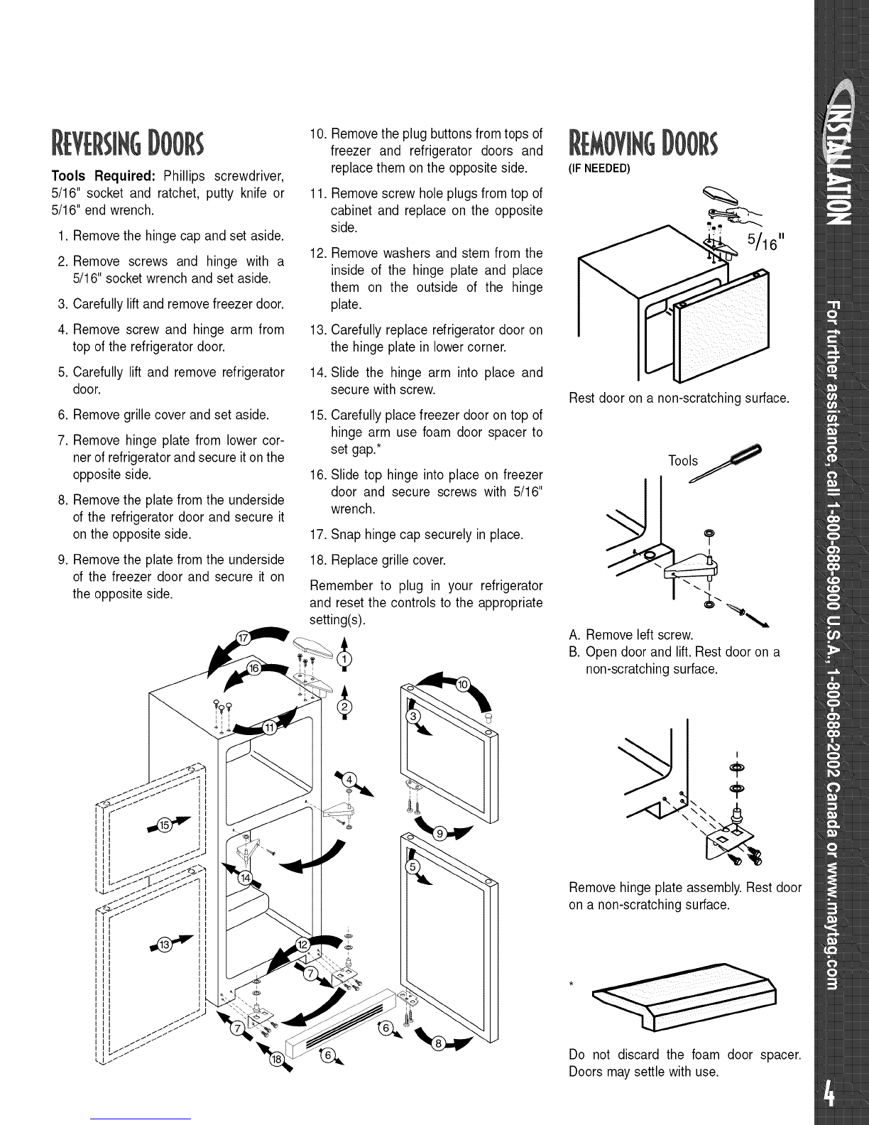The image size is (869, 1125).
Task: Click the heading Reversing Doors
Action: (x=127, y=143)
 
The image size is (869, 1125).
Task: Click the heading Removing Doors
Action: (x=643, y=143)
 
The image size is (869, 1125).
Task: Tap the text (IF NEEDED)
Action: (x=599, y=169)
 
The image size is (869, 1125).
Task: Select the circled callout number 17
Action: (x=244, y=638)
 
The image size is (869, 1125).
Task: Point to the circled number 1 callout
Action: (x=344, y=659)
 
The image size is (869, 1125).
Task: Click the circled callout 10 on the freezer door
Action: (x=462, y=685)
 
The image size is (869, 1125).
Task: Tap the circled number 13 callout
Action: (x=165, y=945)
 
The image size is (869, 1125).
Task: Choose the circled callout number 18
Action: (x=276, y=1060)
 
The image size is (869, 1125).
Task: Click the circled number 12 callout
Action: (x=303, y=945)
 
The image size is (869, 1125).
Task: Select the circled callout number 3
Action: (x=413, y=717)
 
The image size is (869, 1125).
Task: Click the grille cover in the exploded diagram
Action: (x=341, y=1023)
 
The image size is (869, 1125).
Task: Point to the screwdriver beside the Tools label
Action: (x=726, y=462)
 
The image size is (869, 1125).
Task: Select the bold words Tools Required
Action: (x=104, y=176)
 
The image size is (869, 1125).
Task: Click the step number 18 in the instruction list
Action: (x=318, y=560)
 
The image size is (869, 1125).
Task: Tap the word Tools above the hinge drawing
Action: (x=683, y=461)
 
